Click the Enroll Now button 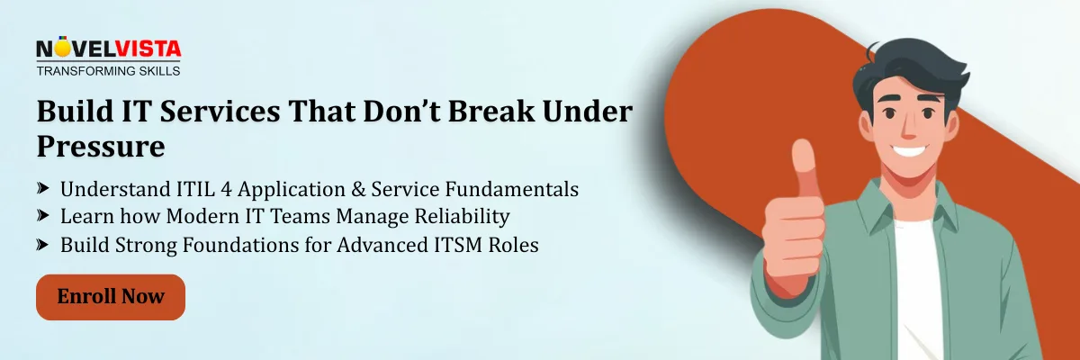tap(110, 297)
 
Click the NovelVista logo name tap(108, 49)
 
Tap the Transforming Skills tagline tap(108, 70)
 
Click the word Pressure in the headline tap(100, 147)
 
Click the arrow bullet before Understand tap(43, 189)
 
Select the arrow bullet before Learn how tap(43, 216)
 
